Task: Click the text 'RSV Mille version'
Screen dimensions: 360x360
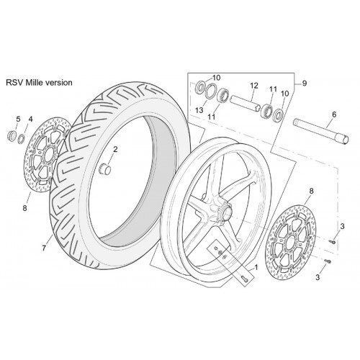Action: pos(39,83)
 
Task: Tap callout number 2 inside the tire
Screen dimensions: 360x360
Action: pos(115,150)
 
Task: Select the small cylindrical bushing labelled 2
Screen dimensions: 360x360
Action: pos(105,168)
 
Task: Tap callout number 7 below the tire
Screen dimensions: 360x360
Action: pos(44,248)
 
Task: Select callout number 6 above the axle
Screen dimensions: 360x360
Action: pos(334,114)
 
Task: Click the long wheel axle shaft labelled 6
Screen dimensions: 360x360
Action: pos(320,132)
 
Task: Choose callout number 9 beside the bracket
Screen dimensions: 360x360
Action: pos(305,84)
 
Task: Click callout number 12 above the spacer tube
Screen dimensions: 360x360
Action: pos(254,86)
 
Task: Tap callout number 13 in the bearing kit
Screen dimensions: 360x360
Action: pos(199,110)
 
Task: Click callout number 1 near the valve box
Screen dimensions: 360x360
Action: pos(256,267)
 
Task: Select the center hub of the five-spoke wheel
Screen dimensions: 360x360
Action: pos(225,212)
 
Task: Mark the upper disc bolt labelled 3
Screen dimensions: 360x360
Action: pos(333,242)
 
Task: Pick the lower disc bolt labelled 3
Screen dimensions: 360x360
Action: pos(328,261)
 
